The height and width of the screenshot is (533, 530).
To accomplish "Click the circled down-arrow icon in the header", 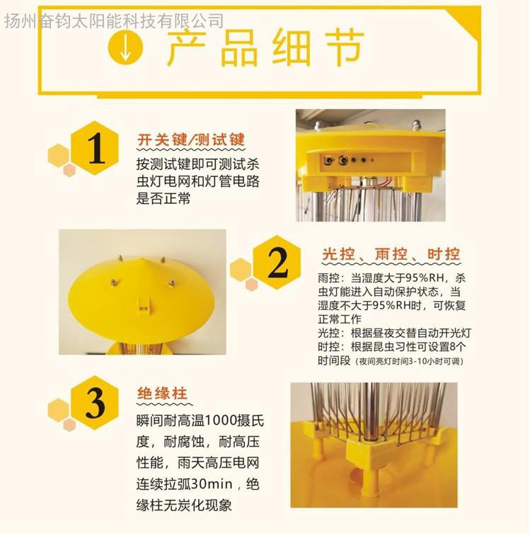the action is (x=125, y=47).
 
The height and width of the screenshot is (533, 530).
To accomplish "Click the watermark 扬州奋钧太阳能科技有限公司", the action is (x=114, y=21).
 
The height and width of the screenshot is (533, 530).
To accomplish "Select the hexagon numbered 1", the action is (x=95, y=148).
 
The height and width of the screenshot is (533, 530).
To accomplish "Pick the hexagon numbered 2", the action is (x=277, y=262).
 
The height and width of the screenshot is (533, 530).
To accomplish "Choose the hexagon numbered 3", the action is (x=95, y=403).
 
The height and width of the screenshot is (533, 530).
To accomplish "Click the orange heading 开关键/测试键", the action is (x=191, y=139).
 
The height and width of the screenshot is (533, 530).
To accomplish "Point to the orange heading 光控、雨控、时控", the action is (x=391, y=254).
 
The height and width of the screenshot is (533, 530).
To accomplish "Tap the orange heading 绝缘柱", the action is (x=163, y=394).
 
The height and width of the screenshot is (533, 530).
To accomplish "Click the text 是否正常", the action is (x=163, y=198).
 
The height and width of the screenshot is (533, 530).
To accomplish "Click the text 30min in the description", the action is (x=212, y=483).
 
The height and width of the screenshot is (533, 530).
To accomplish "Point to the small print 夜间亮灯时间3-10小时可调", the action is (x=410, y=361).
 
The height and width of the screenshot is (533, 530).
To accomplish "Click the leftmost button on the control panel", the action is (x=329, y=160).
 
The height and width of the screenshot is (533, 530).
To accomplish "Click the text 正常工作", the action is (x=340, y=319).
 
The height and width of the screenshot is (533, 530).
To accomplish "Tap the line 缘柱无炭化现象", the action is (x=184, y=505).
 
